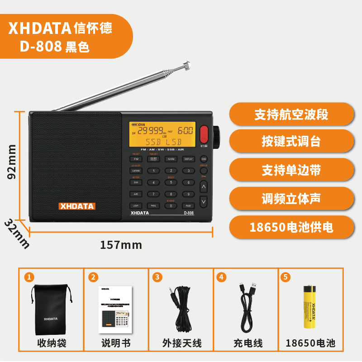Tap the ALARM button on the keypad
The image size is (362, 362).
tap(171, 159)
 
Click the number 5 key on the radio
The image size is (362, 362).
tap(171, 182)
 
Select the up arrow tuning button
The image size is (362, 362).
tap(204, 186)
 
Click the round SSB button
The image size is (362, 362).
tap(204, 159)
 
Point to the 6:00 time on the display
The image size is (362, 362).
tap(185, 131)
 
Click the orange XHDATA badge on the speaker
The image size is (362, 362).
tap(77, 206)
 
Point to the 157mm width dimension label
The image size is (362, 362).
tap(121, 245)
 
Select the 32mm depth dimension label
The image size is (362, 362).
tap(17, 234)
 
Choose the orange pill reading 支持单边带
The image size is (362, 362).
tap(291, 170)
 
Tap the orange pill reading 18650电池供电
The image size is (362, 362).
tap(291, 227)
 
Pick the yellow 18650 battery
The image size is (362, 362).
tap(310, 306)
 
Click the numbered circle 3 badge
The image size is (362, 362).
tap(157, 277)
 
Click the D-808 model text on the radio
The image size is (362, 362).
tap(189, 213)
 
